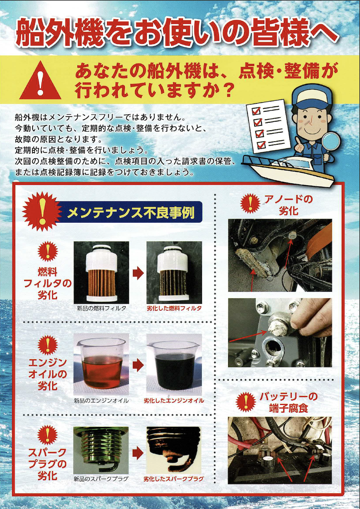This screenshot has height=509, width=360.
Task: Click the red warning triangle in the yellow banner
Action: click(x=41, y=81)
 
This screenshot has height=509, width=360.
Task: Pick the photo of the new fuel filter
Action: click(x=101, y=272)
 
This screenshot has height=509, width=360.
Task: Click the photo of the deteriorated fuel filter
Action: click(x=174, y=272)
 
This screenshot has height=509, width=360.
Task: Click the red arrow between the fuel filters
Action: click(x=138, y=273)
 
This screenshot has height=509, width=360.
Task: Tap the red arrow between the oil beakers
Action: click(x=138, y=365)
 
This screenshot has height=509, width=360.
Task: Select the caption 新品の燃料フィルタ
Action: click(x=102, y=308)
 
